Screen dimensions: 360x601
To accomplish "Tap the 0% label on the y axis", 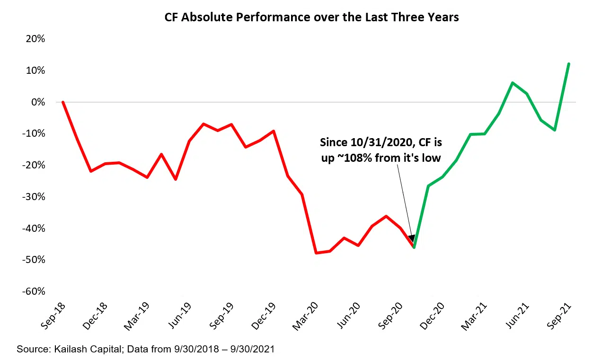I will click(x=38, y=102).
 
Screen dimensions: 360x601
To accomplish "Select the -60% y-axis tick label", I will click(x=33, y=291).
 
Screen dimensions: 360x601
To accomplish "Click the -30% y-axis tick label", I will click(x=33, y=197).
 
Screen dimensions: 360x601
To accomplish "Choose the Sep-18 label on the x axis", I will click(x=53, y=316).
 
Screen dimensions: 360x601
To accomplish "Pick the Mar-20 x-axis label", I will click(x=306, y=316).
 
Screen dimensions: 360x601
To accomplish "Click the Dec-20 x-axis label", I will click(x=433, y=316).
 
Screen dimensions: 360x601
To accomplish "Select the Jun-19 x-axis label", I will click(x=180, y=316).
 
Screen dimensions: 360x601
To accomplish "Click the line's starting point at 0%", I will click(x=63, y=102).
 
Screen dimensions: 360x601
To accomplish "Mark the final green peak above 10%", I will click(x=568, y=64).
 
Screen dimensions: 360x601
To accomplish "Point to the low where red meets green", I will click(x=414, y=247).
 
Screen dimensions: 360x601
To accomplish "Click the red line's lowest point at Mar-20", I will click(x=316, y=253).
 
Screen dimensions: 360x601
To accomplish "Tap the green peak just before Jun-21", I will click(x=512, y=83).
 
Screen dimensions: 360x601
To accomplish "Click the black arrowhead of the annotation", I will click(x=412, y=239).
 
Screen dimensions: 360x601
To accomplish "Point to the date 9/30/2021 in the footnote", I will click(x=253, y=350).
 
